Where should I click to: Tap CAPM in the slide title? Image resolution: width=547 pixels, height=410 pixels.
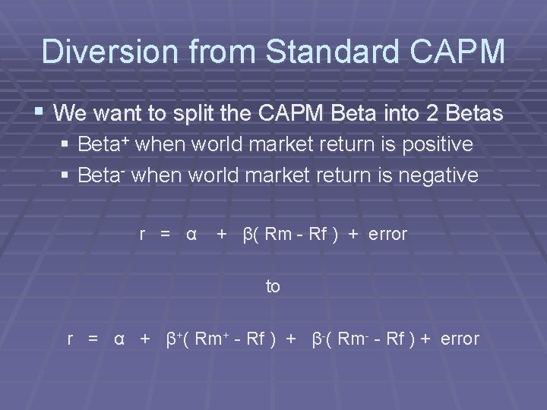(462, 51)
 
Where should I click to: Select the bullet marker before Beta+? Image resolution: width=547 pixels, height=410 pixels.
(67, 145)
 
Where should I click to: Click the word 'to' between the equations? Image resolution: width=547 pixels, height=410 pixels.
(273, 286)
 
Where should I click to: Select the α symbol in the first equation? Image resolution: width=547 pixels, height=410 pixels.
(191, 234)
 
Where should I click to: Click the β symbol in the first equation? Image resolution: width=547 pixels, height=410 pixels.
(247, 234)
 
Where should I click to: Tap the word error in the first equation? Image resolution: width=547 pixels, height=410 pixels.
(387, 234)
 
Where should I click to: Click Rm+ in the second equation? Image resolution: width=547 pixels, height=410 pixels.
(212, 339)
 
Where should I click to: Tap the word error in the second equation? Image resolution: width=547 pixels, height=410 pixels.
(459, 339)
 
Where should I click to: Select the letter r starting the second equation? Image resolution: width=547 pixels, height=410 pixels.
(71, 339)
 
